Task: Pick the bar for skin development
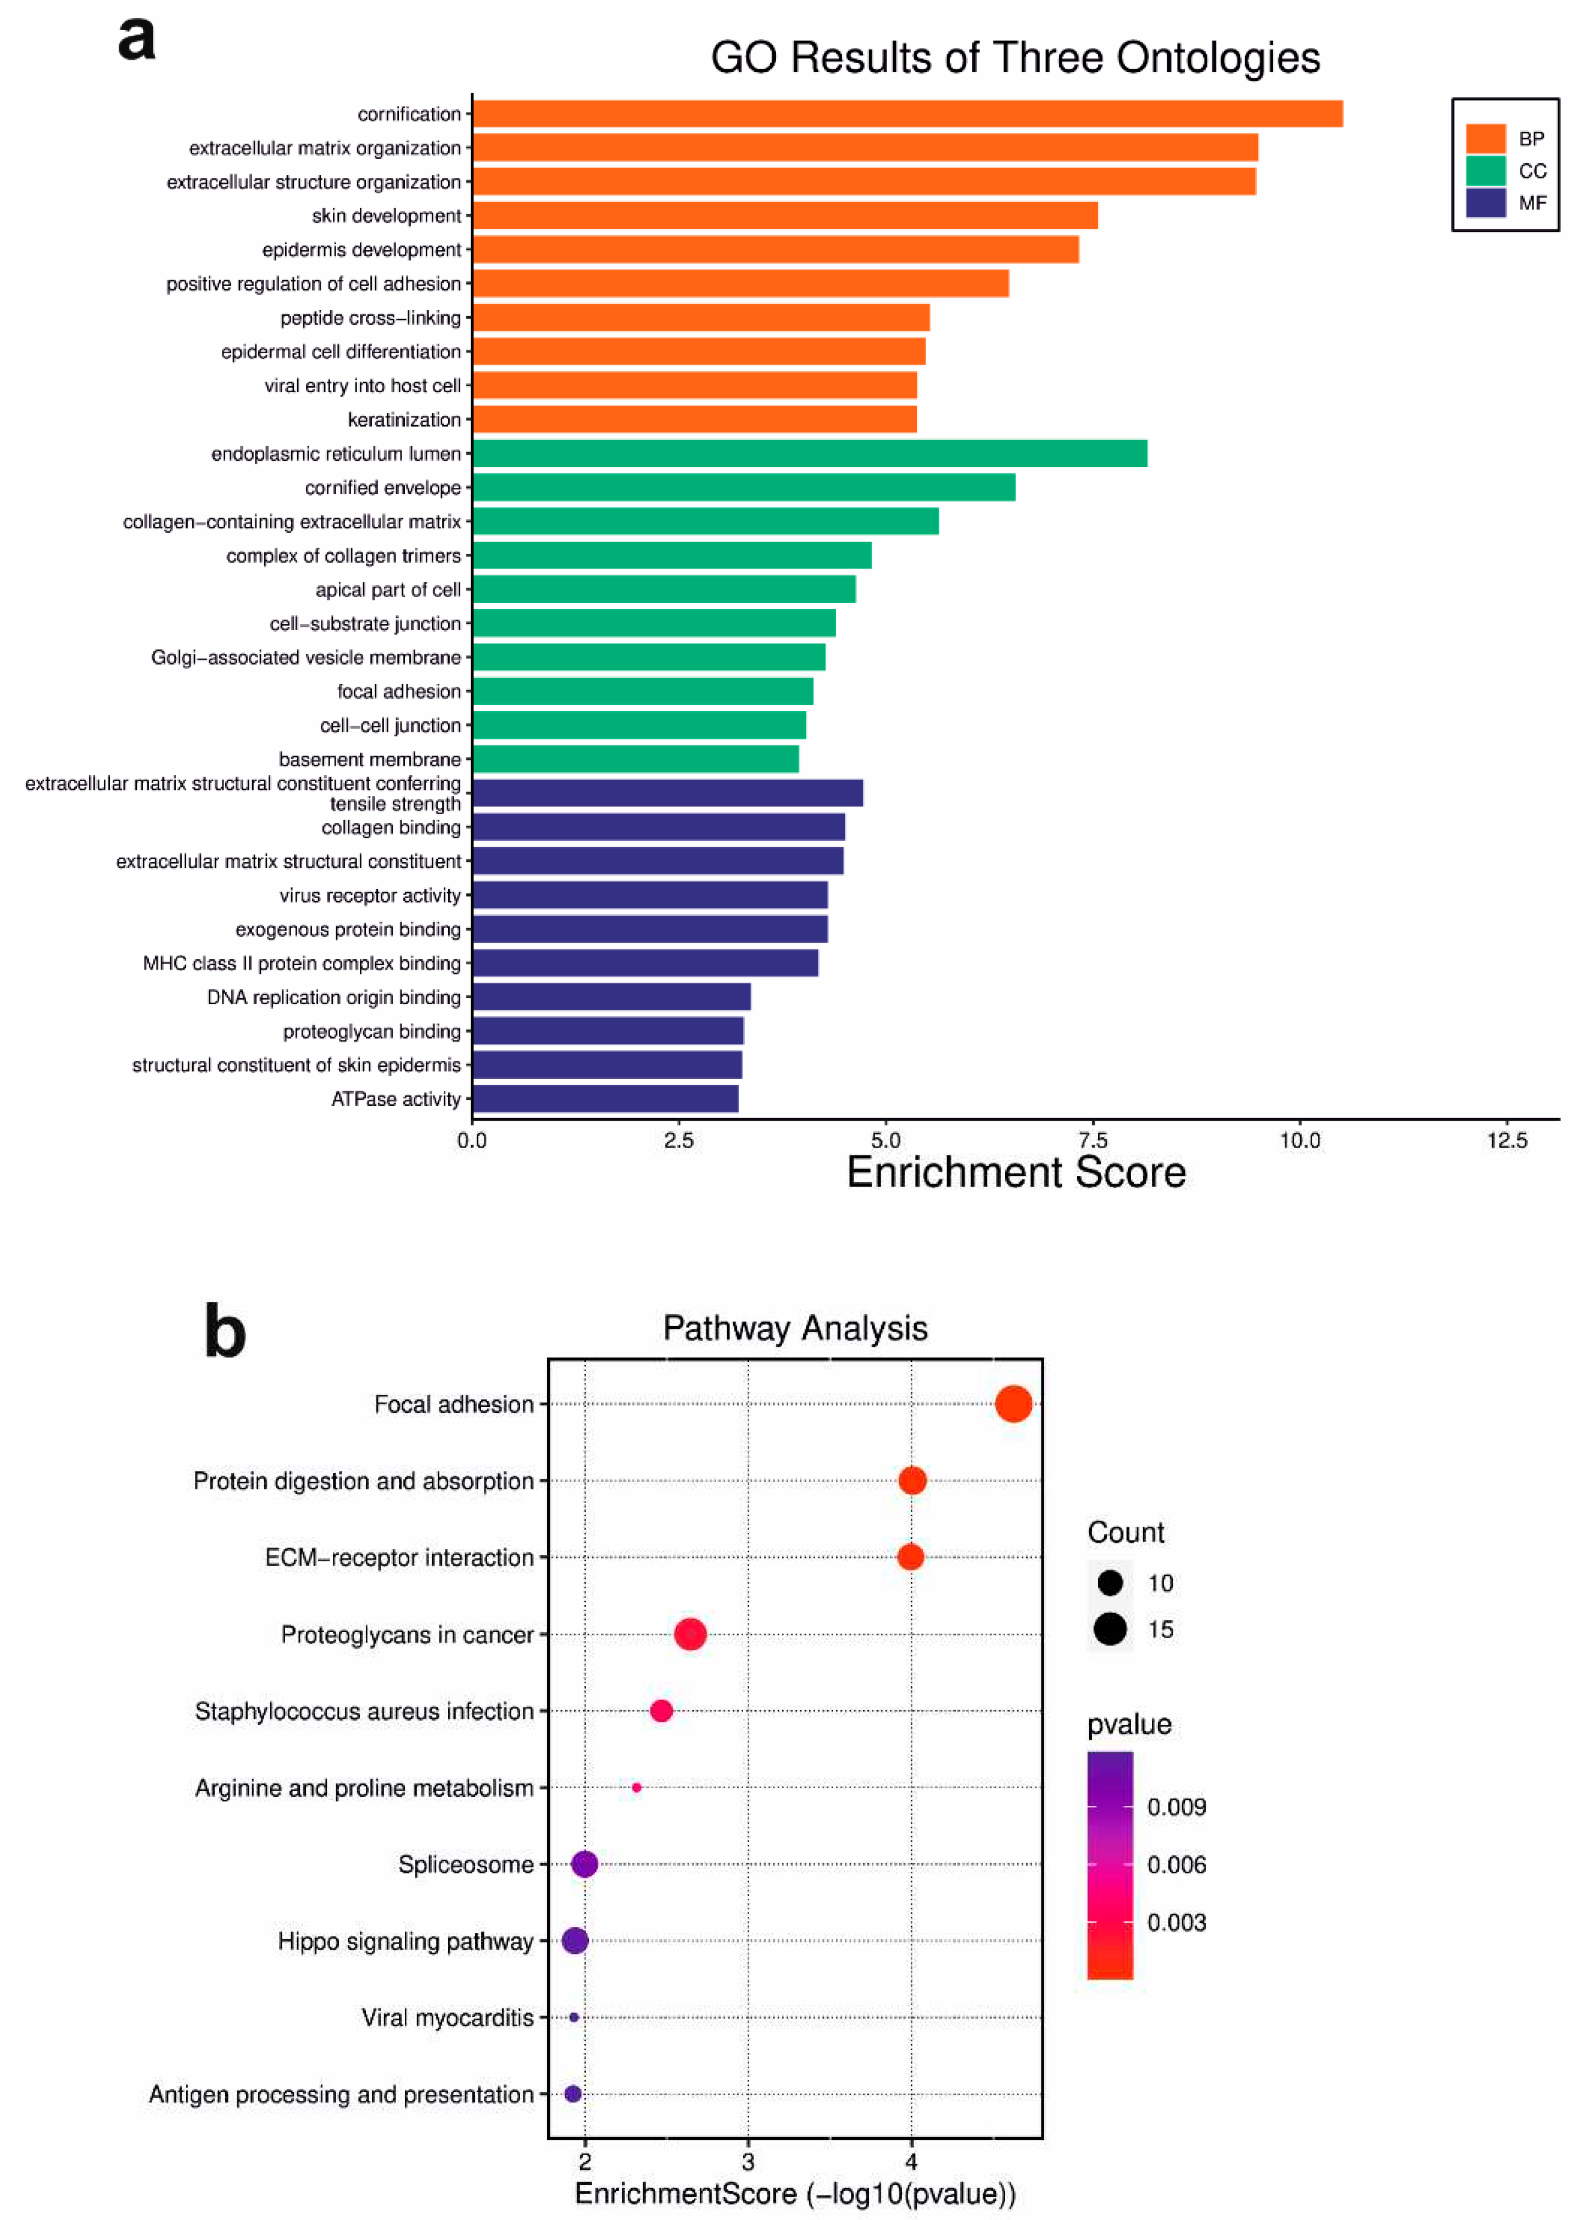tap(784, 215)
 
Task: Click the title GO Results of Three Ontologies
tap(1015, 58)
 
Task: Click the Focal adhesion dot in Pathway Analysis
tap(1013, 1404)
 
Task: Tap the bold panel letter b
tap(224, 1332)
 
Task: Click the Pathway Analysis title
tap(795, 1328)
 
